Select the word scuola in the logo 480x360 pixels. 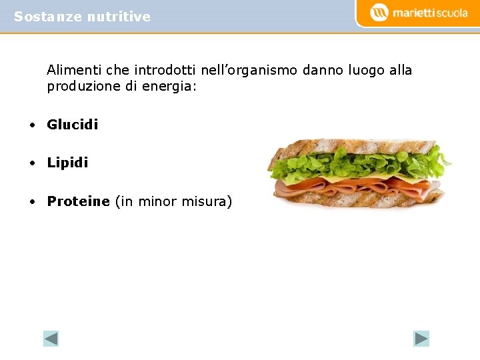pyautogui.click(x=447, y=13)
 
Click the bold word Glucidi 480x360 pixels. pyautogui.click(x=73, y=125)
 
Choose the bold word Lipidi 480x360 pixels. pyautogui.click(x=67, y=163)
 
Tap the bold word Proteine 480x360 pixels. pyautogui.click(x=78, y=201)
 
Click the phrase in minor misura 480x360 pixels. pyautogui.click(x=174, y=201)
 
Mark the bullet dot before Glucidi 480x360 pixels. pyautogui.click(x=31, y=125)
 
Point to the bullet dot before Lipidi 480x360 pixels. pyautogui.click(x=31, y=163)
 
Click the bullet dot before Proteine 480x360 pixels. pyautogui.click(x=31, y=202)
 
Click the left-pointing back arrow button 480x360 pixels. pyautogui.click(x=51, y=339)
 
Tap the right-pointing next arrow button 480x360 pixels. pyautogui.click(x=421, y=339)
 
